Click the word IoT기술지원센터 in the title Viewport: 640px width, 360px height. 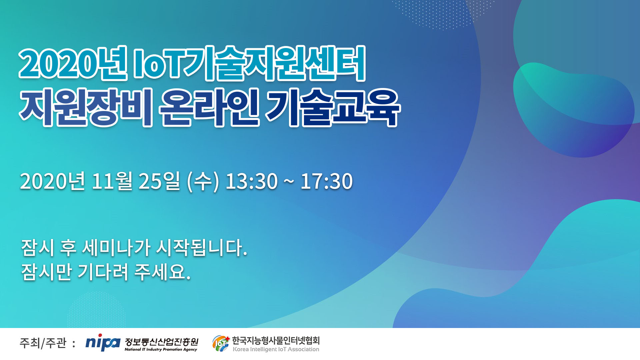249,63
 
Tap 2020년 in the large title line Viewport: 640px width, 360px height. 73,63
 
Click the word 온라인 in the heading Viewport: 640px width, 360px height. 209,107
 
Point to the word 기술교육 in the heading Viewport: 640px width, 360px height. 333,107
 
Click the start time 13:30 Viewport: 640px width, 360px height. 252,181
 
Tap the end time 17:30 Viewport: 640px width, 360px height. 327,181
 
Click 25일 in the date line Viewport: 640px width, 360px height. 159,181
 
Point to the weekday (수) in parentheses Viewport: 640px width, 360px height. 203,182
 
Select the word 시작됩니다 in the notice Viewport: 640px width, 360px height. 202,248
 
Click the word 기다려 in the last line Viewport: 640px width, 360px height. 103,272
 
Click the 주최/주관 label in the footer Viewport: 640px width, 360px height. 43,343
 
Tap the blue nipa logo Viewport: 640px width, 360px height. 103,342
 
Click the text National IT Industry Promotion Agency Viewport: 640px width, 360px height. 161,349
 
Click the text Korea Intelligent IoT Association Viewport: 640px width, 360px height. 276,349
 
